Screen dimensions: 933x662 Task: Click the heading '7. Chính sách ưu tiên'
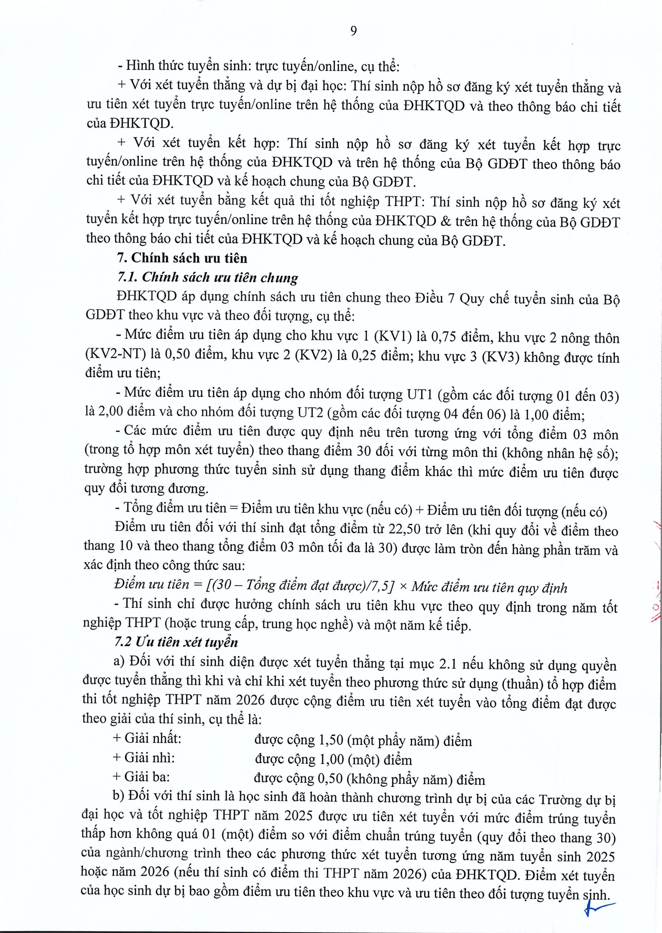tap(182, 258)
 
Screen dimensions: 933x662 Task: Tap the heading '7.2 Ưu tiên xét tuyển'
tap(176, 642)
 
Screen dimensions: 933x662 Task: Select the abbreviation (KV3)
tap(499, 357)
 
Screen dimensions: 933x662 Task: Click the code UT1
tap(419, 395)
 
